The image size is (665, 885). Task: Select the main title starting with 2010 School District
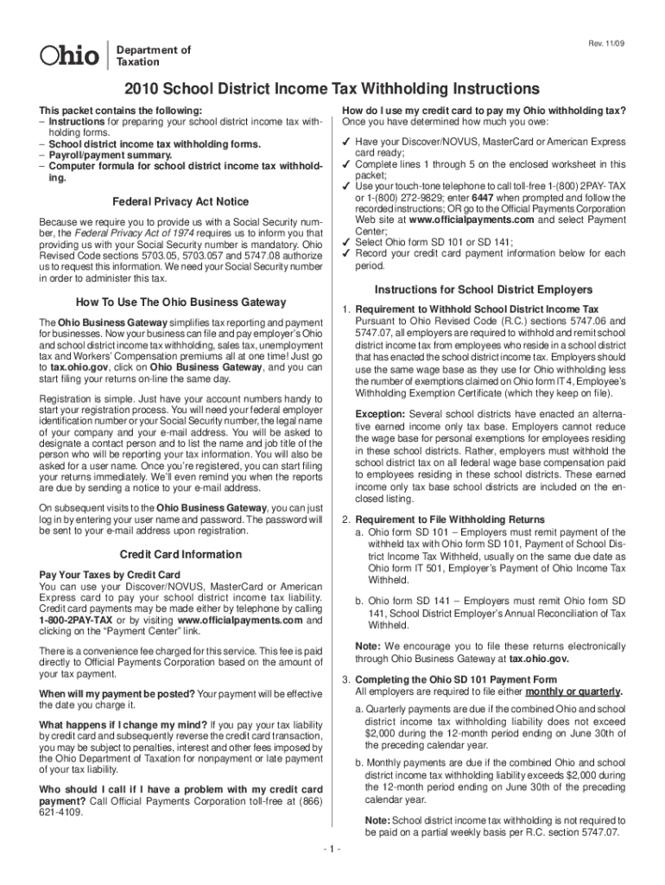tap(332, 90)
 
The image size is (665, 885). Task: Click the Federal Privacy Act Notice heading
tap(181, 202)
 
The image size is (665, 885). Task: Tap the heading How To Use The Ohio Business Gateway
tap(181, 302)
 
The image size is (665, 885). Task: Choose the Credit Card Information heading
tap(181, 554)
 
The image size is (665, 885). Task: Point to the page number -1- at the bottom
tap(332, 849)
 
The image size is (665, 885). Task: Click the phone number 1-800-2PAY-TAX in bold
tap(74, 621)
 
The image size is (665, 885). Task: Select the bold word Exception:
tap(380, 414)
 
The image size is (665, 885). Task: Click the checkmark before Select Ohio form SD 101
tap(345, 242)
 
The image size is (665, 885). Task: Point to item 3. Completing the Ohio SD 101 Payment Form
tap(449, 679)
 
